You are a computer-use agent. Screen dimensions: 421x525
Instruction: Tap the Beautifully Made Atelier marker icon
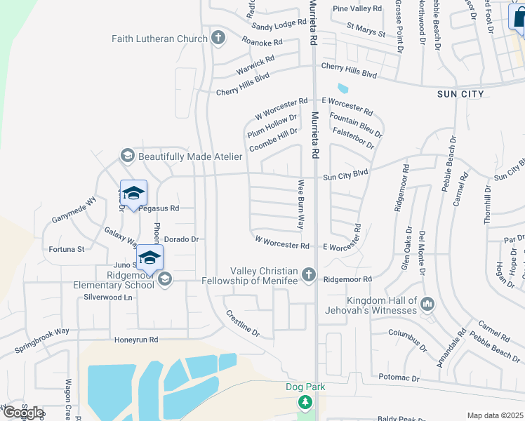tap(127, 156)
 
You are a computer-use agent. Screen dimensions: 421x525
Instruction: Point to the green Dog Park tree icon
tap(305, 402)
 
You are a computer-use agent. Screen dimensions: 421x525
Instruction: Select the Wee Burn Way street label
tap(300, 204)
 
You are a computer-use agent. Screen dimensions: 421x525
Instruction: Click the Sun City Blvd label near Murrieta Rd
tap(345, 177)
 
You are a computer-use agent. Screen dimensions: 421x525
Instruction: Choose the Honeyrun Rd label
tap(137, 340)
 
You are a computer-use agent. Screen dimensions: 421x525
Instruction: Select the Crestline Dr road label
tap(241, 323)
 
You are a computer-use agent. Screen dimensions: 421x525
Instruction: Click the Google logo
tap(22, 413)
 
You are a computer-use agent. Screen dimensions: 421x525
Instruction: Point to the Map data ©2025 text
tap(495, 415)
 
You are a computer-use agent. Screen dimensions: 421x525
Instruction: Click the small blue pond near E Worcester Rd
tap(343, 89)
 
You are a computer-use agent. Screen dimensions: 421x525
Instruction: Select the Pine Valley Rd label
tap(357, 8)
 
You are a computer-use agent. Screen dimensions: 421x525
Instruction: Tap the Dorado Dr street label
tap(182, 239)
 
